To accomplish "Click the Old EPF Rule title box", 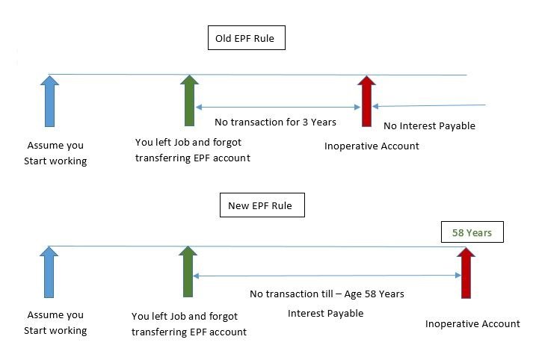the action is coord(247,37).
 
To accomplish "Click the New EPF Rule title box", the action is coord(262,205).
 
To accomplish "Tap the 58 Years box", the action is coord(472,232).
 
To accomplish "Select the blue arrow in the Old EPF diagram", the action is coord(49,102).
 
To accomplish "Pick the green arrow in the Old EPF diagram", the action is coord(189,101).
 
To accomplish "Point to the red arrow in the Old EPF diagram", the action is coord(366,102).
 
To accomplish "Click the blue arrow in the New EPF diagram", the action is coord(49,272).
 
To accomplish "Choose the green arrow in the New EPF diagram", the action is coord(188,272).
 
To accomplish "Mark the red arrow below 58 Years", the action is coord(466,273).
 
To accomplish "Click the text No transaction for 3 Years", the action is coord(275,122).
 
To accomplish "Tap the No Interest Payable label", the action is coord(429,125).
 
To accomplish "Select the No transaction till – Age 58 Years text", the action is coord(327,294).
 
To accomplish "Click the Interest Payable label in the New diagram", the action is coord(326,313).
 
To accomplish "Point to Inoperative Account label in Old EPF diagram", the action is coord(372,146).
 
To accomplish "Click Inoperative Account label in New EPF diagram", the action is coord(472,323).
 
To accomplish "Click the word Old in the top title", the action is coord(224,38).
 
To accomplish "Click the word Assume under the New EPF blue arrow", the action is coord(42,315).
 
